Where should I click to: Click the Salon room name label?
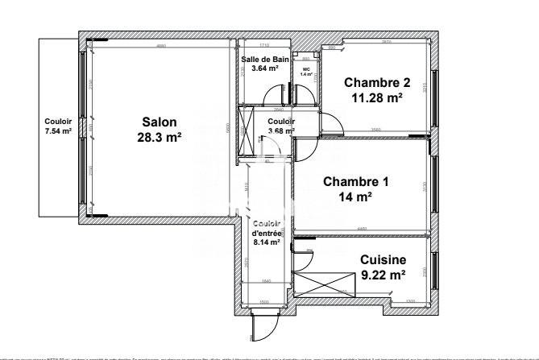(159, 122)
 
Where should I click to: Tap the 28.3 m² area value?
(159, 137)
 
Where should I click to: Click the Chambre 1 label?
(355, 181)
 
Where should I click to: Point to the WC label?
(305, 68)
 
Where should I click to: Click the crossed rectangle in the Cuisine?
(324, 284)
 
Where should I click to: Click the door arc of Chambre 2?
(331, 123)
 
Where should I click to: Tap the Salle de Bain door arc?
(282, 93)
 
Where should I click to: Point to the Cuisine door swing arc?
(305, 260)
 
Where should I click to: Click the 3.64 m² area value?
(264, 68)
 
